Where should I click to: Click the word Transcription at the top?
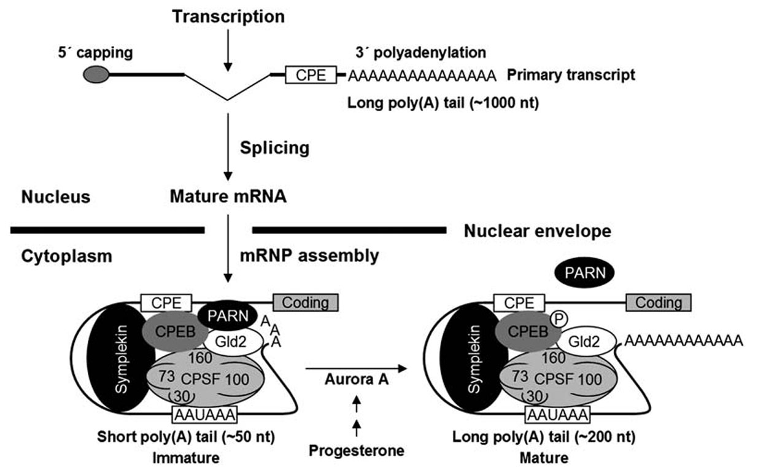click(228, 17)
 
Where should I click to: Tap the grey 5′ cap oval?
click(96, 74)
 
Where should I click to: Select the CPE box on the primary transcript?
click(310, 75)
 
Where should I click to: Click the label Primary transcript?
click(571, 75)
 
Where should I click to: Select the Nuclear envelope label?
click(537, 231)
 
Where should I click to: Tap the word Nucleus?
click(56, 197)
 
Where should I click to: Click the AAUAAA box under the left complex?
click(205, 415)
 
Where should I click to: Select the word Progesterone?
click(356, 450)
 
